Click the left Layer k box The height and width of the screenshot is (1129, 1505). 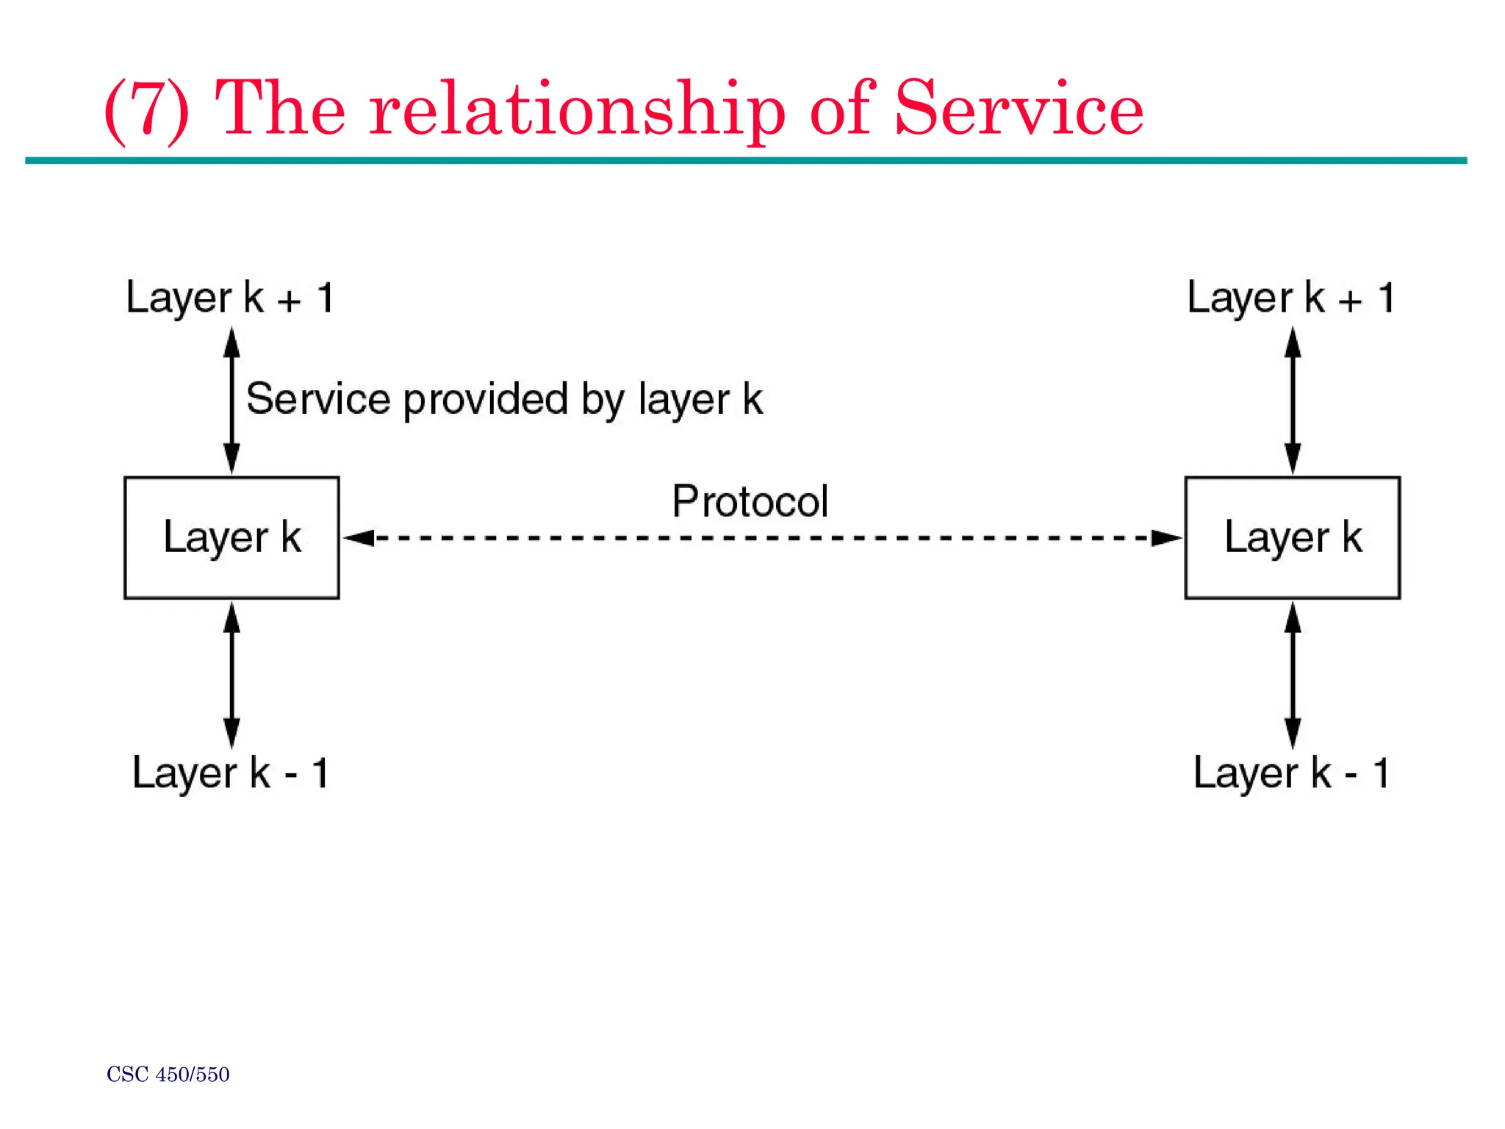231,537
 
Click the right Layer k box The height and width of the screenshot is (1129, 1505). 1292,537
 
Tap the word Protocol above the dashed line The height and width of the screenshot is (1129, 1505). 750,501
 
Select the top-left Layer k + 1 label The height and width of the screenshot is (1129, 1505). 230,298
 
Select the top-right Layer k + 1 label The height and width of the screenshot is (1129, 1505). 1290,298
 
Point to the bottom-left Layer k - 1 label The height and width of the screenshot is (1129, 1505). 230,773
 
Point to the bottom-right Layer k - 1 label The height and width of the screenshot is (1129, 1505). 1290,773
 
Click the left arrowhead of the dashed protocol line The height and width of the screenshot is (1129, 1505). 360,538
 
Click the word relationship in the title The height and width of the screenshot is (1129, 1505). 577,110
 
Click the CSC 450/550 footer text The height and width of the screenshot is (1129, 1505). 168,1075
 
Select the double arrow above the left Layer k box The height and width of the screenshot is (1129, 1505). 231,401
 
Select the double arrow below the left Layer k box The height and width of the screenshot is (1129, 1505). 231,675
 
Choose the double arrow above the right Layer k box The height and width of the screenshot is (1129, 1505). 1293,401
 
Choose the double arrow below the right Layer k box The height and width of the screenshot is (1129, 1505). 1293,675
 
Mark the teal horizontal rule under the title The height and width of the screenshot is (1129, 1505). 745,160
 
